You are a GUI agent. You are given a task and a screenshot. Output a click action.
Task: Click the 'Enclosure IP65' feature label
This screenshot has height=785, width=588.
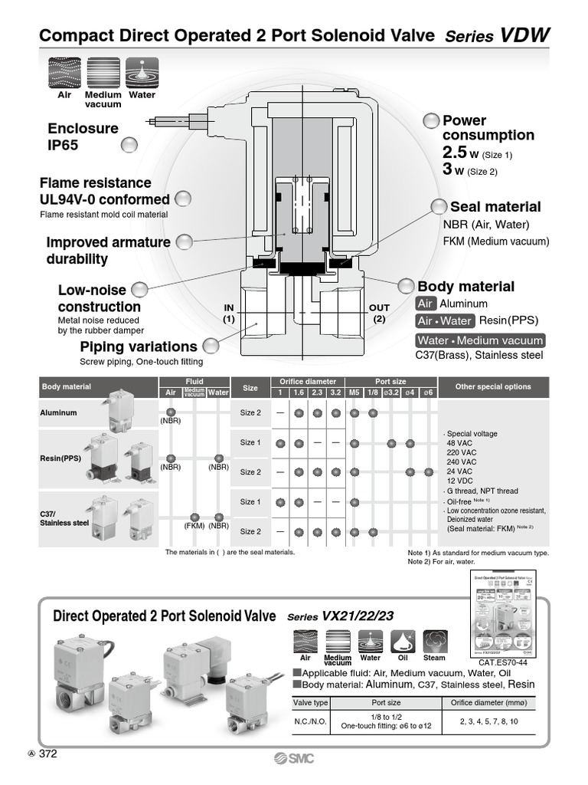point(83,136)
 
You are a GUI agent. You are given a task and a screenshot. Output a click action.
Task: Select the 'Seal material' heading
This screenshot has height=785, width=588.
point(495,207)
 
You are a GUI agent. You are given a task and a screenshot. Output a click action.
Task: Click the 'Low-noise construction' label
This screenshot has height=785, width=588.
point(99,298)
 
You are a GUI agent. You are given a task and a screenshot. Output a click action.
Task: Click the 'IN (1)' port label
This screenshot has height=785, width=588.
point(228,313)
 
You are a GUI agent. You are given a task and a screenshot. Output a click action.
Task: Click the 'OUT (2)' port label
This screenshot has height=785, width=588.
point(379,313)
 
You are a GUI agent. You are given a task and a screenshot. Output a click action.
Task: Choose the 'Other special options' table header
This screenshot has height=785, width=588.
point(492,387)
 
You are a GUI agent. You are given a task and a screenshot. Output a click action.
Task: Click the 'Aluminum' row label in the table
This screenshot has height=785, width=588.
point(58,412)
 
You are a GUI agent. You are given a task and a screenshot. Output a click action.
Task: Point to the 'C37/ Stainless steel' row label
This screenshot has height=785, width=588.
point(64,518)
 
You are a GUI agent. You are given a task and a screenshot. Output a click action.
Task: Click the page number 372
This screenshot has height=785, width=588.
point(47,754)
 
